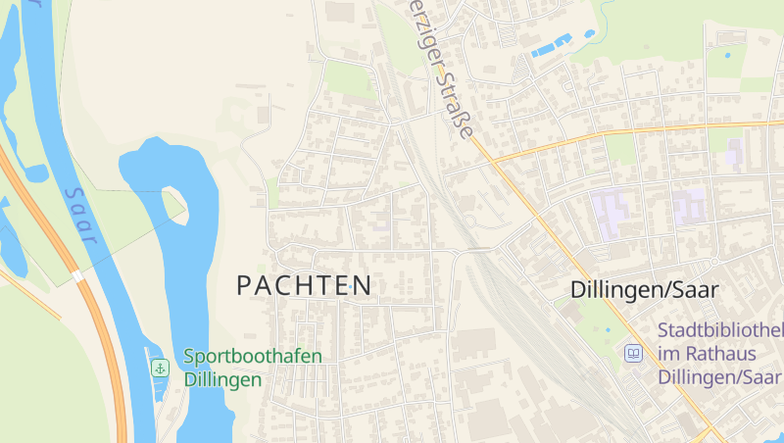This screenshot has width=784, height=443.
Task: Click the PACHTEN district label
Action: [x=305, y=286]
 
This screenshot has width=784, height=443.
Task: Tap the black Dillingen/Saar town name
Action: [x=645, y=290]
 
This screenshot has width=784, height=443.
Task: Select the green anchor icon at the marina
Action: [x=159, y=369]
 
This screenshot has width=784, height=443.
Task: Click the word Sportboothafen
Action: [x=253, y=357]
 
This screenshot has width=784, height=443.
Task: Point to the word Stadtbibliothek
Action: [x=720, y=330]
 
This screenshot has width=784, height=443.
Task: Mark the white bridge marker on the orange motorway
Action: [x=77, y=277]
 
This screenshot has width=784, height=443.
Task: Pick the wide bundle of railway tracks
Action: [x=529, y=314]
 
